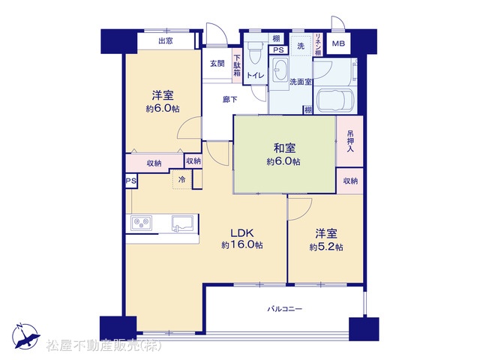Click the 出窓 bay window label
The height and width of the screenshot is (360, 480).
pyautogui.click(x=166, y=40)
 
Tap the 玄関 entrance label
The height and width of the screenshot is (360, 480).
pyautogui.click(x=217, y=64)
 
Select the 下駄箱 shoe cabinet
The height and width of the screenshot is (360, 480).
pyautogui.click(x=237, y=65)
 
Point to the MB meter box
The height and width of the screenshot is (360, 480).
pyautogui.click(x=338, y=43)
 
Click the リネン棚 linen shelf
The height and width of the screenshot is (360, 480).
pyautogui.click(x=318, y=44)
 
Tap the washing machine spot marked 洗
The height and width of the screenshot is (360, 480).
pyautogui.click(x=301, y=46)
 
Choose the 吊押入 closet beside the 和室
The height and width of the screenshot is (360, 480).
pyautogui.click(x=350, y=141)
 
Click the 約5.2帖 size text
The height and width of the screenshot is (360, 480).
pyautogui.click(x=326, y=247)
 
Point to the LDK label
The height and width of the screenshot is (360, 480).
pyautogui.click(x=241, y=233)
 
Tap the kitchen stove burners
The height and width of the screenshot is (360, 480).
pyautogui.click(x=142, y=223)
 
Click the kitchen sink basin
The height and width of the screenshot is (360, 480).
pyautogui.click(x=182, y=223)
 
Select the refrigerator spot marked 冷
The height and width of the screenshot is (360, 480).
pyautogui.click(x=182, y=179)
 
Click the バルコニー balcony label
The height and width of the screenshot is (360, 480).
pyautogui.click(x=285, y=308)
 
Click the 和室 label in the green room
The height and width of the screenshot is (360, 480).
pyautogui.click(x=285, y=148)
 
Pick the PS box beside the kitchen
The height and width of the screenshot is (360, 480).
pyautogui.click(x=131, y=181)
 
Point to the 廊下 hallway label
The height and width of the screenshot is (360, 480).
pyautogui.click(x=229, y=100)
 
